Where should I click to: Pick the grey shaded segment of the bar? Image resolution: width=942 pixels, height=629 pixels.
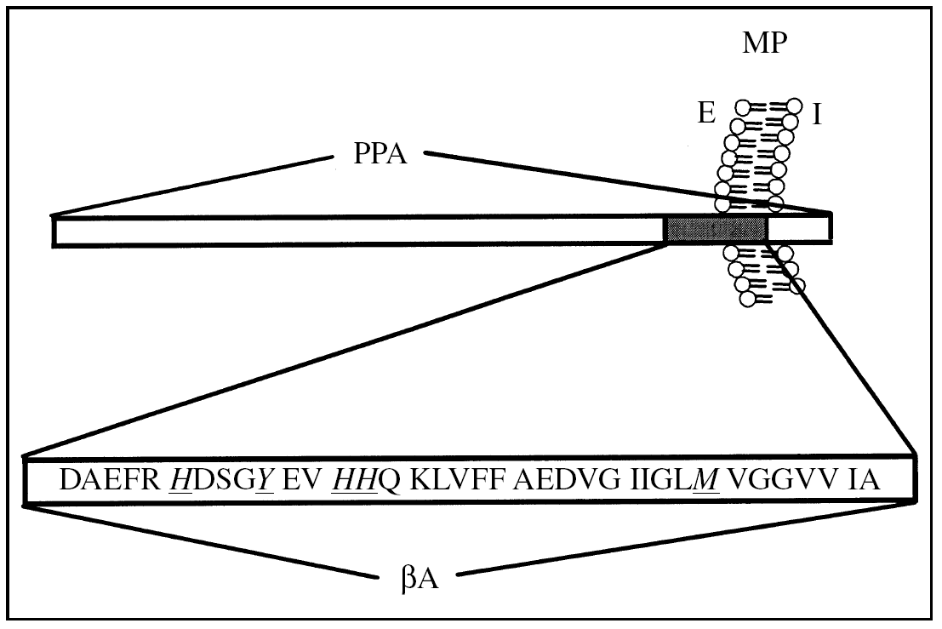click(716, 230)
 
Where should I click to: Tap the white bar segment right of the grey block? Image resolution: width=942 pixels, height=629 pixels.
click(799, 230)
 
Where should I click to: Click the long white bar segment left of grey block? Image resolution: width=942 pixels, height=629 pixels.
click(357, 232)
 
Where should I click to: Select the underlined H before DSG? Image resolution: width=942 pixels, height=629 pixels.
click(180, 481)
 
